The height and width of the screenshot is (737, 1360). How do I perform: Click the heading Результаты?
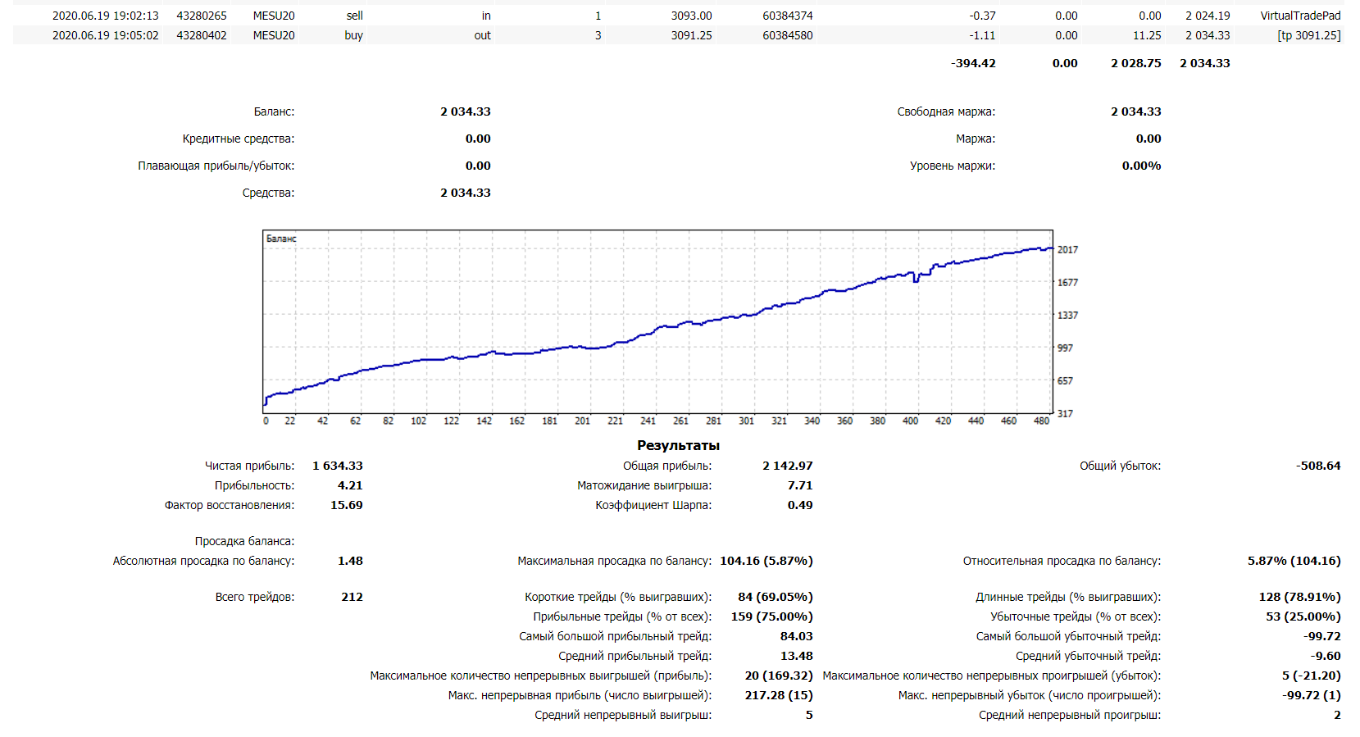pos(678,445)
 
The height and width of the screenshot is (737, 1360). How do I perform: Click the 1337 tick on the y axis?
pos(1067,316)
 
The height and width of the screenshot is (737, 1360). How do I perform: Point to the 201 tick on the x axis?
pos(582,421)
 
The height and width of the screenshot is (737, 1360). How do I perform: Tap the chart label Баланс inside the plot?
pos(281,239)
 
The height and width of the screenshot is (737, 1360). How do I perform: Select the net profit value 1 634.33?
pos(337,466)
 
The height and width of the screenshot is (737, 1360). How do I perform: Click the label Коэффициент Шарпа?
pos(653,505)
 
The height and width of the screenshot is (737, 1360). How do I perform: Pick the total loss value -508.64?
pos(1318,466)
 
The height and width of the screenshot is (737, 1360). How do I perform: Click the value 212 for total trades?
pos(352,597)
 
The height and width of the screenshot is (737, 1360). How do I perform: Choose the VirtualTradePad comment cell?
pos(1300,16)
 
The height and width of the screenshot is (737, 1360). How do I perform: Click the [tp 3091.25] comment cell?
pos(1308,35)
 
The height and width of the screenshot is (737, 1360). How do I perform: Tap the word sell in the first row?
pos(354,16)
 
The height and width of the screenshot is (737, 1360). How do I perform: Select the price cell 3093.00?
pos(691,16)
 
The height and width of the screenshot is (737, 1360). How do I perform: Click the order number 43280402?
pos(202,35)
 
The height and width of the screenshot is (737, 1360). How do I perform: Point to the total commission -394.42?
pos(973,63)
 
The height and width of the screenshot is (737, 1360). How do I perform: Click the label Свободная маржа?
pos(946,111)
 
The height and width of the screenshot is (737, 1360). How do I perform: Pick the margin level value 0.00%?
pos(1141,166)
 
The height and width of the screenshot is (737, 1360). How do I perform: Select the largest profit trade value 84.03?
pos(796,636)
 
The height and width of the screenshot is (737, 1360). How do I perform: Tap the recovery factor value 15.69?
pos(346,505)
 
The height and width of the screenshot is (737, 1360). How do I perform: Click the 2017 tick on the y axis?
pos(1067,250)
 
